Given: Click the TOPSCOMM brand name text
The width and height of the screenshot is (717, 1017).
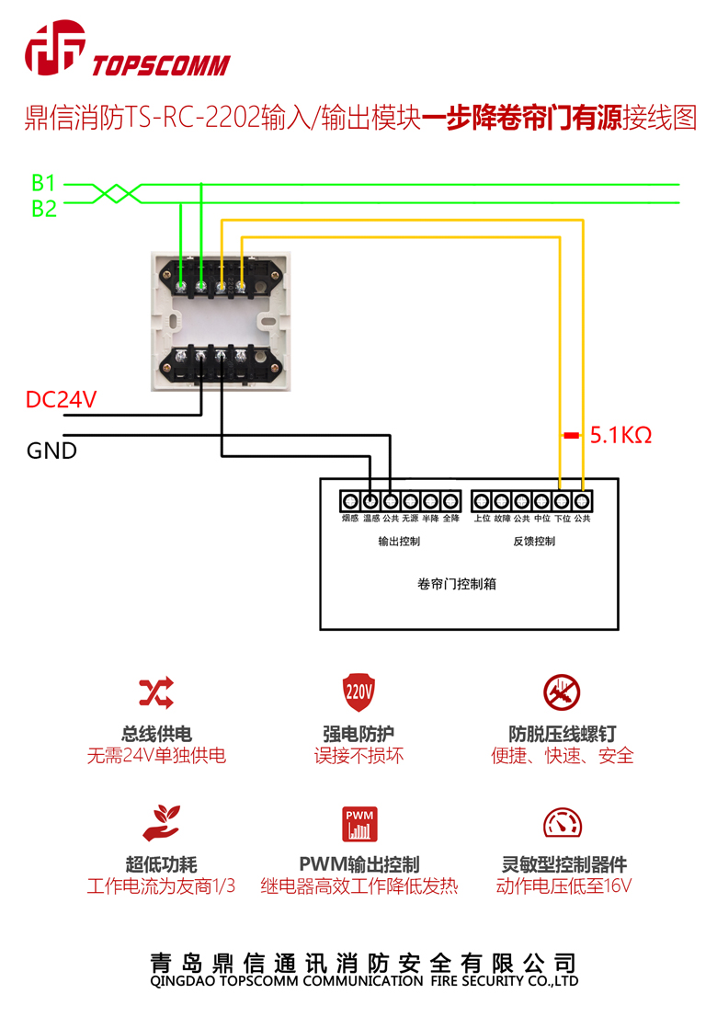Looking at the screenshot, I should click(161, 64).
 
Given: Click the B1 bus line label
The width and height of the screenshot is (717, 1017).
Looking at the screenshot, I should click(43, 182).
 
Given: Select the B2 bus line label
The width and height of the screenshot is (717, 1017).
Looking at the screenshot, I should click(43, 209).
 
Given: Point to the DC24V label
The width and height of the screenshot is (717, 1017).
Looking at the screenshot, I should click(61, 400).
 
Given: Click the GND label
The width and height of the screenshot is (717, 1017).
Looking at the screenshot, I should click(51, 451).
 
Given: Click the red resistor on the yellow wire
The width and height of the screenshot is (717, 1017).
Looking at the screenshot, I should click(572, 435).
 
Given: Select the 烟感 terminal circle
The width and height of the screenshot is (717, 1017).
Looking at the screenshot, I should click(350, 501).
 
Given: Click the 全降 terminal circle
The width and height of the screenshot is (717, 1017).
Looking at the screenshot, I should click(450, 501).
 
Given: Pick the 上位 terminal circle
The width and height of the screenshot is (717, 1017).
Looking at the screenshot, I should click(482, 501).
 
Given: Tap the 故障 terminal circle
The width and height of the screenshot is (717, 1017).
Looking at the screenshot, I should click(502, 501).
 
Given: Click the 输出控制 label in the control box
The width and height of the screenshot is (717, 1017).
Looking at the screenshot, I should click(400, 542).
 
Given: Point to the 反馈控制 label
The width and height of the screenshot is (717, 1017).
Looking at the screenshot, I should click(533, 542).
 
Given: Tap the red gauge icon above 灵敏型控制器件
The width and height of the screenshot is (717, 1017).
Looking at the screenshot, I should click(562, 823).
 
